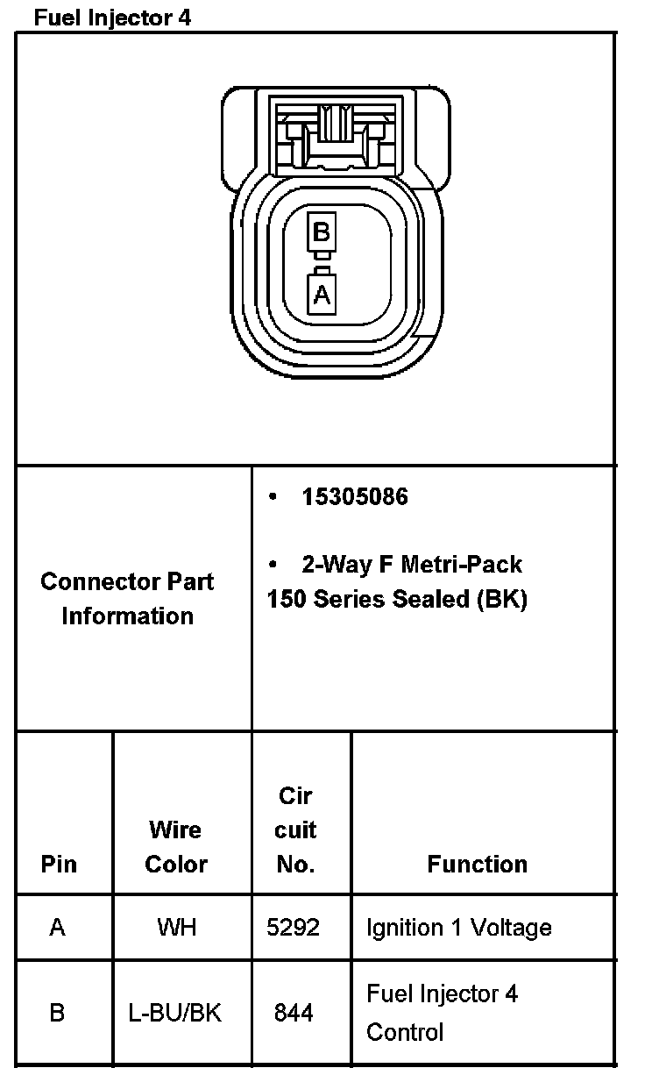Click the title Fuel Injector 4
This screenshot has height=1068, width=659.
pos(111,18)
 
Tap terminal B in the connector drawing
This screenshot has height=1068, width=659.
pos(321,232)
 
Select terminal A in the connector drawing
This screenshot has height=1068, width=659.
pos(322,294)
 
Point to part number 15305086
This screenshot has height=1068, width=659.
pos(355,497)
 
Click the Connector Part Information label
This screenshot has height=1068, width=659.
pos(128,599)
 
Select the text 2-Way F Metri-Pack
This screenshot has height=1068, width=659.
pos(412,565)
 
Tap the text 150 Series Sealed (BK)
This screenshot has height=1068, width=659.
pos(397,600)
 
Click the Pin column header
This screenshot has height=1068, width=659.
pos(59,865)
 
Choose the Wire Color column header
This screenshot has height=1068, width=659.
pos(176,847)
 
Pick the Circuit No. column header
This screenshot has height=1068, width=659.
pos(296,830)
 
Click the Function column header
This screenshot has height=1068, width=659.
pos(478,865)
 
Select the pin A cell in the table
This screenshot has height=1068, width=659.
pos(58,928)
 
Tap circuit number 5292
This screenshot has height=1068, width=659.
pos(294,928)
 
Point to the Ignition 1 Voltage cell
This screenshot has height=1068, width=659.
pos(458,928)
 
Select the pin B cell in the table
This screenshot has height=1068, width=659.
pos(58,1014)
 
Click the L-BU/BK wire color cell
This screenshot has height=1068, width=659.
pos(175,1014)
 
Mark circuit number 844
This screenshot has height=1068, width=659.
pos(294,1014)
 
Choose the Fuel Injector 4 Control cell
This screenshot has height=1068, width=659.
pos(442,1013)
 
